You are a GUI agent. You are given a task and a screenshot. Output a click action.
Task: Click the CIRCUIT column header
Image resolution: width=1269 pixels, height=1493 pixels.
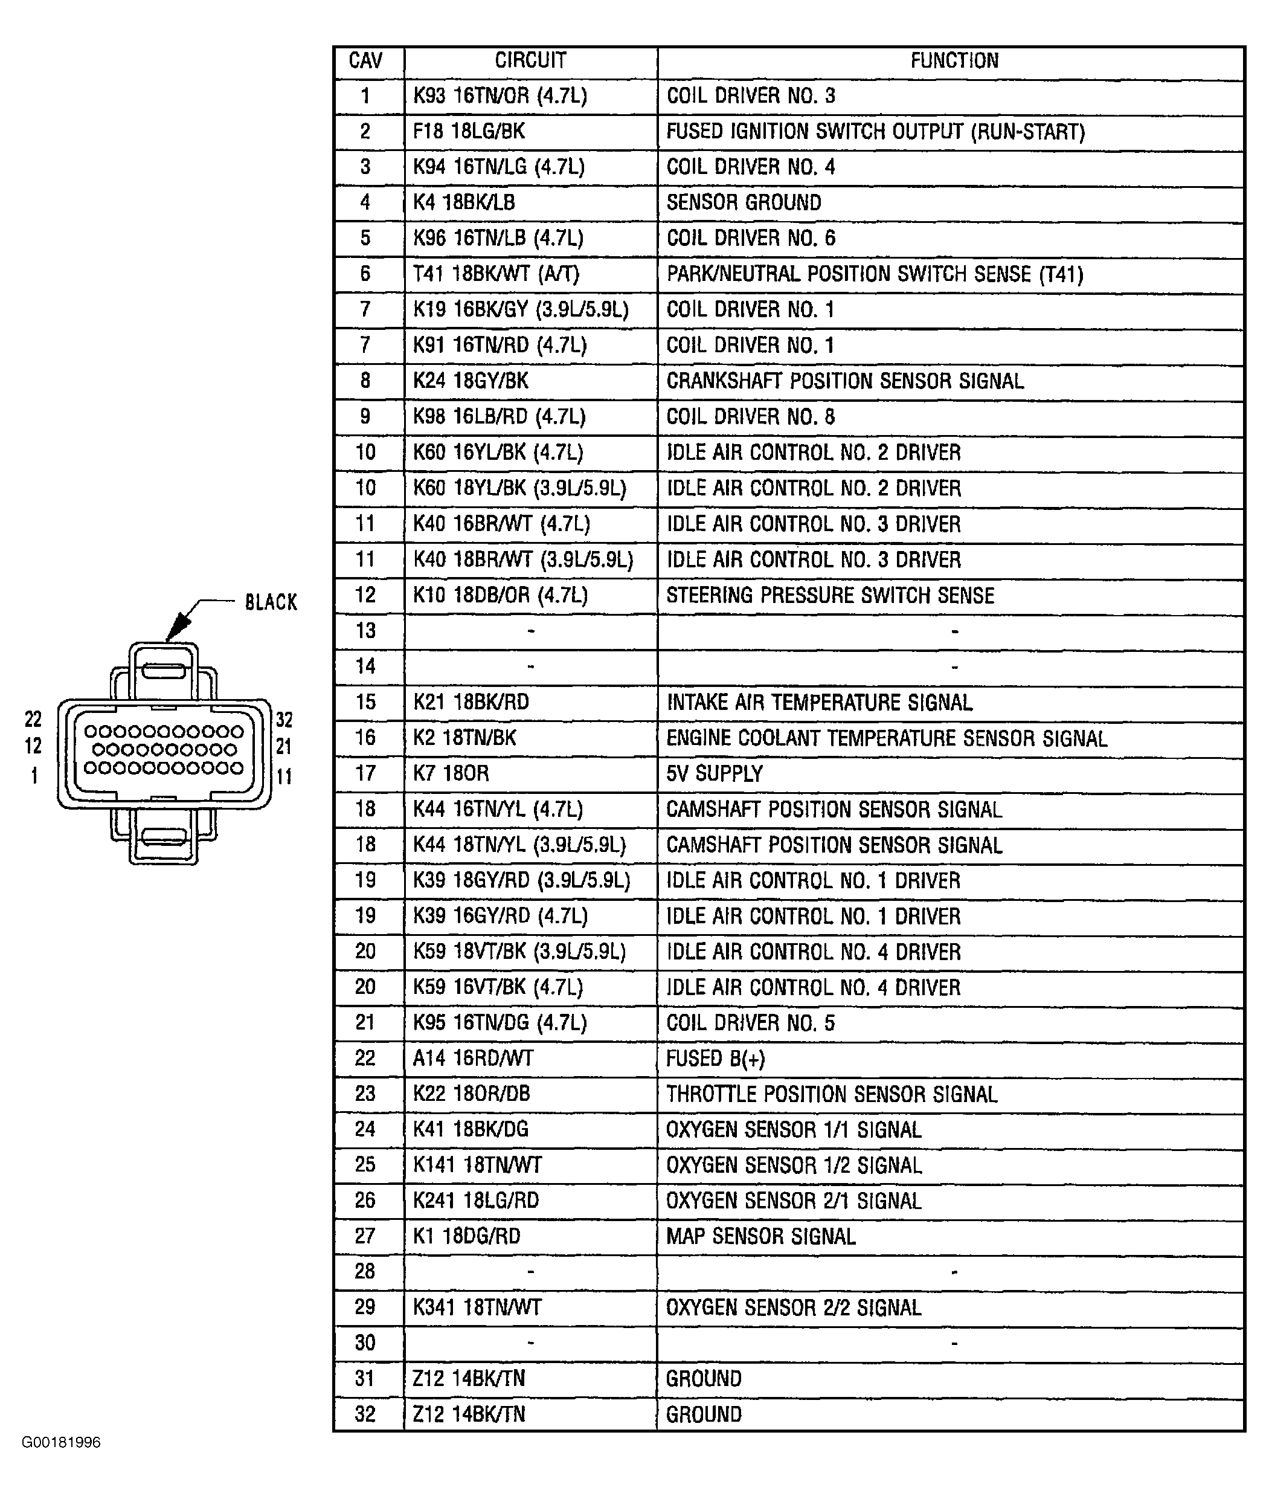(530, 61)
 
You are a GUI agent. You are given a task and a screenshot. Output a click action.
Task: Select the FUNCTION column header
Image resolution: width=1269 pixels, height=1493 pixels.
(954, 61)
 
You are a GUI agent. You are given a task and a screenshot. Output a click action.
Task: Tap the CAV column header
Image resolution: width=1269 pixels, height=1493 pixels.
(365, 61)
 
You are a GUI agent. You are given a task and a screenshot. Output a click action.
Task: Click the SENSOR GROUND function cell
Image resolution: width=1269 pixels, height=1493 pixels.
(743, 203)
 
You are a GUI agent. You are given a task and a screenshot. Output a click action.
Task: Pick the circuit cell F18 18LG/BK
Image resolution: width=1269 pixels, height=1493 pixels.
(468, 132)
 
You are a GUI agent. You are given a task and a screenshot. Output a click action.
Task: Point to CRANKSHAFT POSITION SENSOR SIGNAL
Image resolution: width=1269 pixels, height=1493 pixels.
(844, 381)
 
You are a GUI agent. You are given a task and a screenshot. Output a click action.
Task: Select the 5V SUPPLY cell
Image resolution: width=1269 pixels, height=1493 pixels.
(714, 774)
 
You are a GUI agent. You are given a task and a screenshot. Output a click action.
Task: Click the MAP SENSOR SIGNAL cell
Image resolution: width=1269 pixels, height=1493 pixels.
(760, 1237)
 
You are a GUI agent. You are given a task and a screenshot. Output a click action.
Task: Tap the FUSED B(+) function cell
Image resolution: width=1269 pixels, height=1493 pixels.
(715, 1059)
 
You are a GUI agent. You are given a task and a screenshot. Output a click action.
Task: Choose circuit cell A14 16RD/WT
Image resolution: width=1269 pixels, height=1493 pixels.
(473, 1059)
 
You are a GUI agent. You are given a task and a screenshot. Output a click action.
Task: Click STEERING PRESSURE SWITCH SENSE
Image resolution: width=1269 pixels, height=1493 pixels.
(830, 596)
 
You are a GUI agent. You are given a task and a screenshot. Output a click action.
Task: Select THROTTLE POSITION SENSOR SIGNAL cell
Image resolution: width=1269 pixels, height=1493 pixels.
(832, 1094)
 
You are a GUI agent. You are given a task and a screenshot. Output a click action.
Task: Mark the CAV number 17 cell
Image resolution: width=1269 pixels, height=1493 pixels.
(365, 774)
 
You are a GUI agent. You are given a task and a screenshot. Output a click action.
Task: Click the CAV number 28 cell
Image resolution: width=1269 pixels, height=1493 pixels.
(365, 1272)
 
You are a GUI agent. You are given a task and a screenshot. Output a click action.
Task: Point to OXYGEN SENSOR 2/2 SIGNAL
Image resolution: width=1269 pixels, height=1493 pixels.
(794, 1308)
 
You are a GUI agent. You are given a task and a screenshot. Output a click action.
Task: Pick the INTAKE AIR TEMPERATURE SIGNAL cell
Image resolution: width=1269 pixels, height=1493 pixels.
(820, 703)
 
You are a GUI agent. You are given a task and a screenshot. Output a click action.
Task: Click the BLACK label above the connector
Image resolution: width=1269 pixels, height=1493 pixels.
(271, 602)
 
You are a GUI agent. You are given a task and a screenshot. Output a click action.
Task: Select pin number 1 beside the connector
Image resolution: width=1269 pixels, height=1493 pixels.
(34, 776)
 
